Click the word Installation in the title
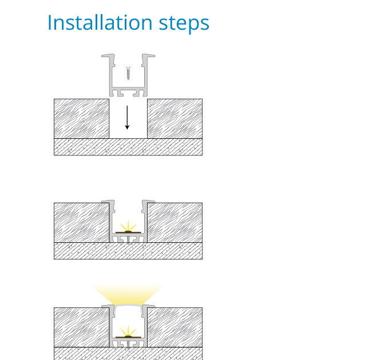pyautogui.click(x=100, y=22)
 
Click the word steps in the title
pyautogui.click(x=184, y=24)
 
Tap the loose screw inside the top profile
pyautogui.click(x=128, y=73)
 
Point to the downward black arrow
pyautogui.click(x=127, y=118)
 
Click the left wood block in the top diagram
pyautogui.click(x=82, y=119)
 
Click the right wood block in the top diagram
pyautogui.click(x=175, y=119)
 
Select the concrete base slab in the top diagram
pyautogui.click(x=128, y=147)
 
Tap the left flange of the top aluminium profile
pyautogui.click(x=108, y=57)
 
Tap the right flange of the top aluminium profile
pyautogui.click(x=149, y=57)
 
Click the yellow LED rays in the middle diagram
pyautogui.click(x=128, y=226)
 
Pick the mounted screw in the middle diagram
pyautogui.click(x=128, y=239)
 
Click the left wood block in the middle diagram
pyautogui.click(x=82, y=222)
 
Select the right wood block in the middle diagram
pyautogui.click(x=175, y=222)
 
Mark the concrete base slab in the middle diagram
pyautogui.click(x=128, y=251)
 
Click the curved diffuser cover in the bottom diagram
pyautogui.click(x=128, y=305)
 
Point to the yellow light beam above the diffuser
pyautogui.click(x=127, y=294)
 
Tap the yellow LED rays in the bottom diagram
pyautogui.click(x=128, y=331)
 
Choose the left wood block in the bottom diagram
pyautogui.click(x=82, y=327)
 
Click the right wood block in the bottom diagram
pyautogui.click(x=175, y=327)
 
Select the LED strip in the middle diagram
pyautogui.click(x=128, y=233)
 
